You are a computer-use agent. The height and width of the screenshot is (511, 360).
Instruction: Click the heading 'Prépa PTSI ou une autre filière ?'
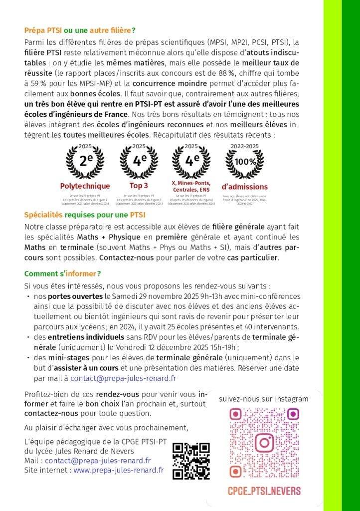tap(80, 30)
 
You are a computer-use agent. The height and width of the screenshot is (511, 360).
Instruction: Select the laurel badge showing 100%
tap(245, 161)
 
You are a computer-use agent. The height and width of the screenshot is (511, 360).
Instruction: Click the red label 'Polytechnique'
tap(85, 186)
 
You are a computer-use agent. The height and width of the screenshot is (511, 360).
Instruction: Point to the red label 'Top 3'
tap(139, 186)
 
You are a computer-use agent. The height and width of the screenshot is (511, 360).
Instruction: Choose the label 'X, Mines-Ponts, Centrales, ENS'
tap(191, 186)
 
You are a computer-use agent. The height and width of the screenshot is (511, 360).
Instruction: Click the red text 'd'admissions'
tap(244, 187)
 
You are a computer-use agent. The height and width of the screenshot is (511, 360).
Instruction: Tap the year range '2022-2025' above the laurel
tap(244, 146)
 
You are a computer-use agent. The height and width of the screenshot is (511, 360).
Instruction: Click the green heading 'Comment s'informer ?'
tap(63, 273)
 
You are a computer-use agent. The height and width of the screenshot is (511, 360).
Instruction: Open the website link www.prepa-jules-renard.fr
tap(119, 470)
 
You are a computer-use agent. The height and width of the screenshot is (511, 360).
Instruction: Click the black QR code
tap(190, 461)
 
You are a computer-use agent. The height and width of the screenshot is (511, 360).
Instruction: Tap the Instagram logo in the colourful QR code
tap(264, 442)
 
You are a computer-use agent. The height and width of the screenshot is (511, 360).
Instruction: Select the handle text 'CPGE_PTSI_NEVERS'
tap(264, 491)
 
